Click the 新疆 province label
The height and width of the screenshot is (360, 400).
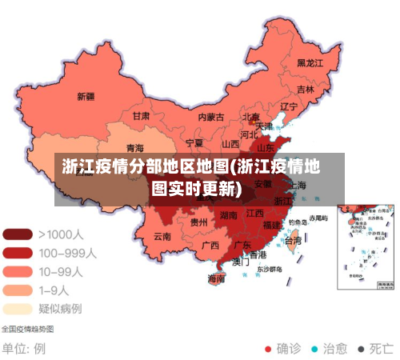(x=86, y=97)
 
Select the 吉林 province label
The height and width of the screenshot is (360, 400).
(x=305, y=89)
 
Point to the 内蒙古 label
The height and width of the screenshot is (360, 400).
(x=211, y=117)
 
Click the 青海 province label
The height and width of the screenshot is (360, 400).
(x=135, y=148)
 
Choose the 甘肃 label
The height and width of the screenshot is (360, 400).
(x=141, y=116)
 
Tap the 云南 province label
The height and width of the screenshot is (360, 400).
(x=162, y=236)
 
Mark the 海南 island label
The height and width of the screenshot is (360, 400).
(x=216, y=279)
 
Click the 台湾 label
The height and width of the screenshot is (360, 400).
(x=294, y=240)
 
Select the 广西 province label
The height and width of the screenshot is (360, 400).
(x=210, y=245)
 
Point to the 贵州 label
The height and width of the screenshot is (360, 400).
(x=199, y=222)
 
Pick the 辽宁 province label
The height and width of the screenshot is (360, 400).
(x=289, y=106)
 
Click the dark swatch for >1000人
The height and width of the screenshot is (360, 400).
(x=17, y=234)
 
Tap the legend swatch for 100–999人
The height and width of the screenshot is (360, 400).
(x=17, y=252)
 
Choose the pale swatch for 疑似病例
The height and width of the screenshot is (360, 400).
(x=17, y=308)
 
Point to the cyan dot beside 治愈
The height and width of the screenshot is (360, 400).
(x=314, y=349)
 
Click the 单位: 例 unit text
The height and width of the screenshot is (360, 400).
(x=23, y=349)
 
